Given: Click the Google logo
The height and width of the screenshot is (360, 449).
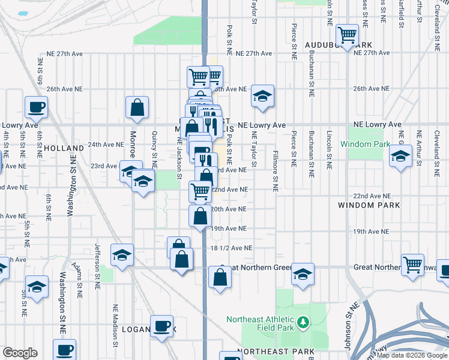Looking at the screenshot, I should (x=20, y=353).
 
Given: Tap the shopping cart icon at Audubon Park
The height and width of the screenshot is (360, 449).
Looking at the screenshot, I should (x=348, y=35).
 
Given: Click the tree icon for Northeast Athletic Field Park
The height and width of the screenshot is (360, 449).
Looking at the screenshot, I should (x=303, y=323).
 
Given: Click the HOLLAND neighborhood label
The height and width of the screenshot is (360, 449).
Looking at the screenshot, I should (x=63, y=148).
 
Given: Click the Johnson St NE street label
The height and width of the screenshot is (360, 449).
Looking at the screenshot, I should (x=348, y=325).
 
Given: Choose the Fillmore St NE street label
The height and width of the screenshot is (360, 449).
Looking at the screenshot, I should (x=275, y=170).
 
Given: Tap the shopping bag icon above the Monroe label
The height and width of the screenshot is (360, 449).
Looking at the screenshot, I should (x=137, y=107).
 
